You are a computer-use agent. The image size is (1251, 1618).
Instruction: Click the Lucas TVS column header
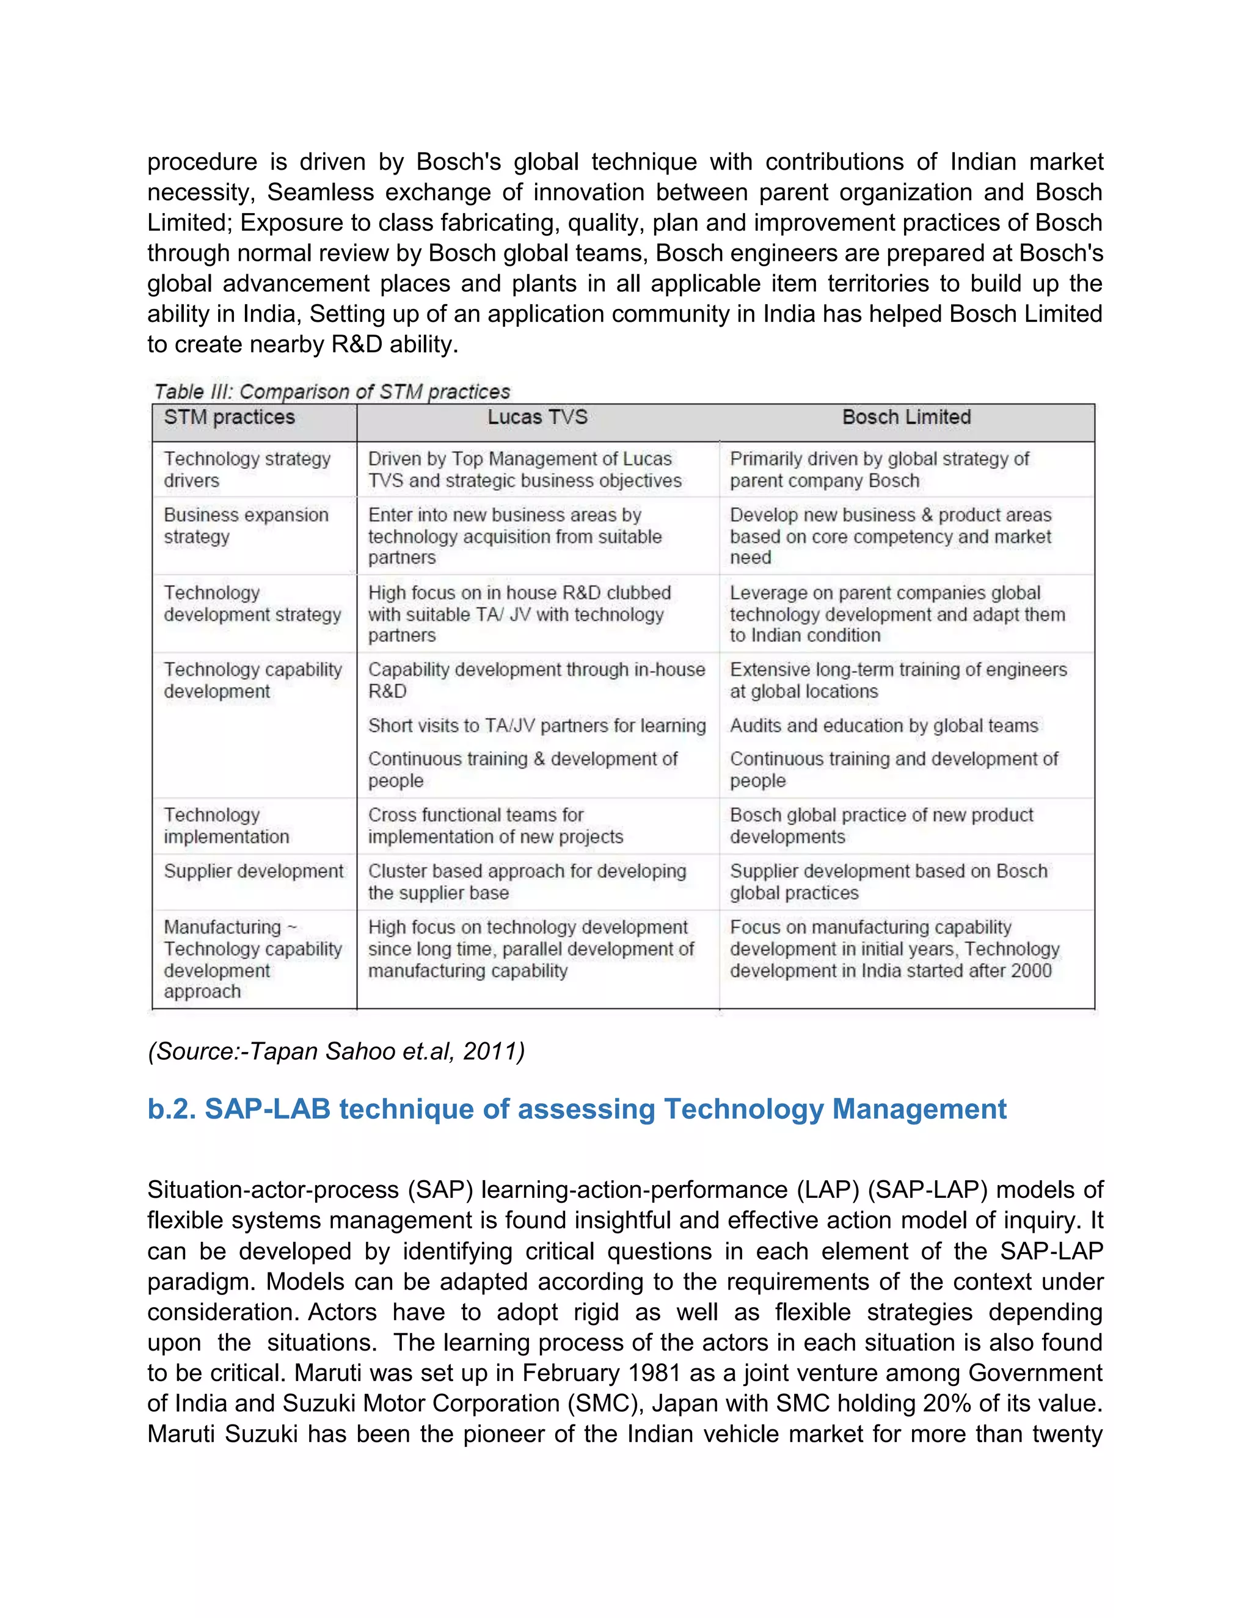[x=538, y=417]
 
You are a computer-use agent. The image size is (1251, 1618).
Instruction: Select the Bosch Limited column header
[x=906, y=417]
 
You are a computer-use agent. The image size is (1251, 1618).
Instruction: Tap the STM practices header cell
[x=229, y=417]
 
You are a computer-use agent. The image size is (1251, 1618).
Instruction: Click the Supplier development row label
[x=253, y=871]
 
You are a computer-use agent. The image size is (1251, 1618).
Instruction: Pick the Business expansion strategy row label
[x=246, y=525]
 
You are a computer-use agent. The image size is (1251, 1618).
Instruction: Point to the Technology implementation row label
[x=226, y=825]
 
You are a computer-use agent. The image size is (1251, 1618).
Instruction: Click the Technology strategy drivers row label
[x=247, y=469]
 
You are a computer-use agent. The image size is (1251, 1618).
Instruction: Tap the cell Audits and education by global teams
[x=883, y=725]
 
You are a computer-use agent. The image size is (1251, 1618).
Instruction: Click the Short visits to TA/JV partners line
[x=536, y=725]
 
